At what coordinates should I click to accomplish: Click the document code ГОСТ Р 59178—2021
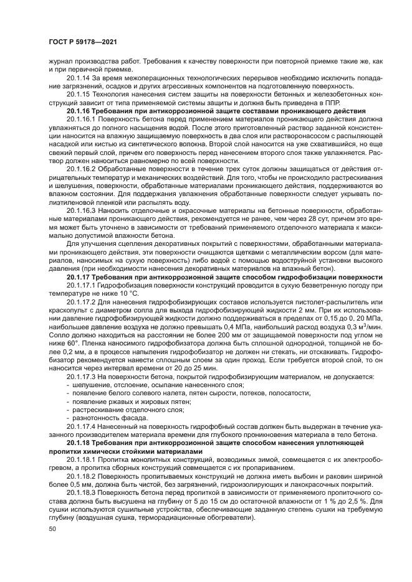(x=82, y=41)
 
